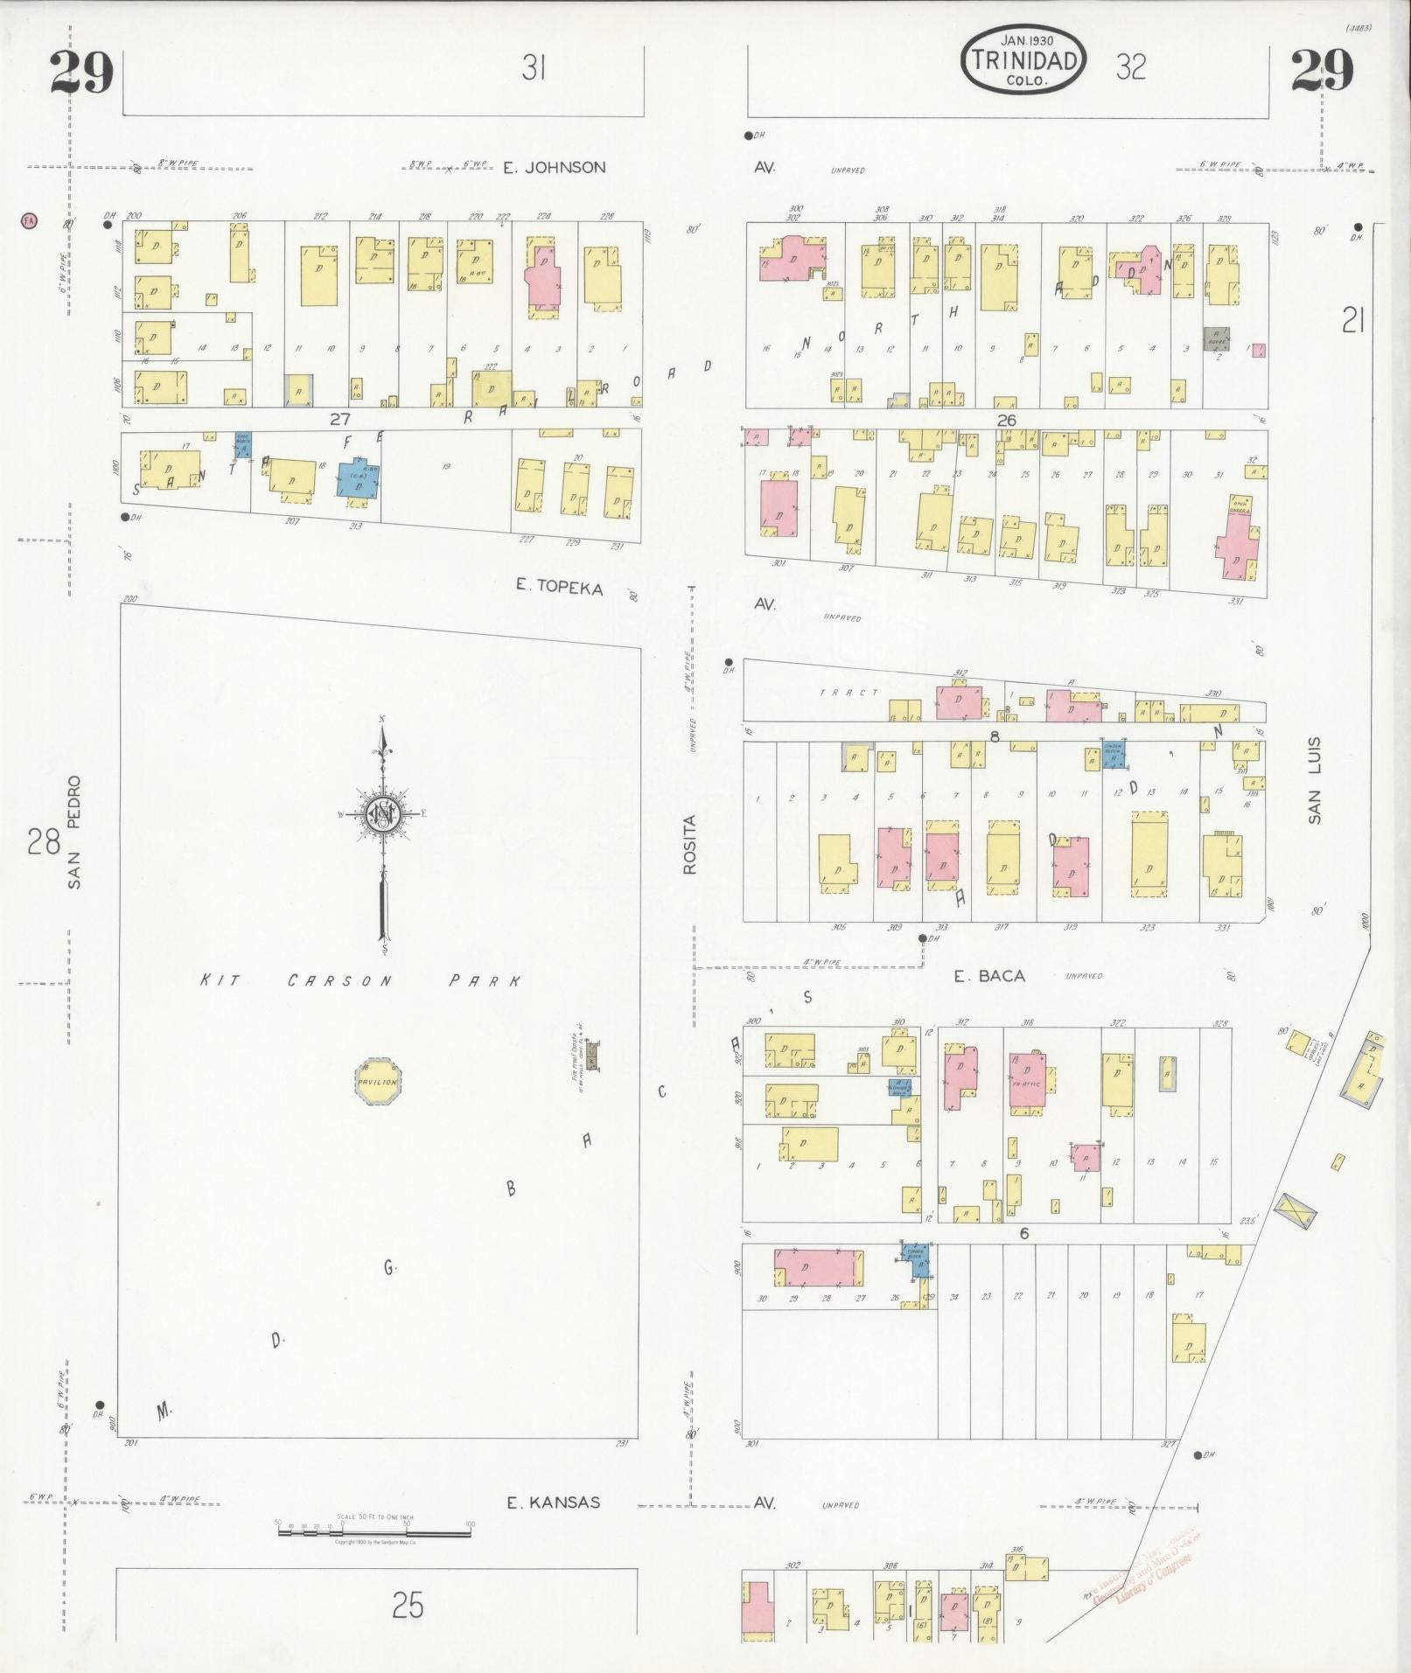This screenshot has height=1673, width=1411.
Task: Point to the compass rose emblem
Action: point(382,816)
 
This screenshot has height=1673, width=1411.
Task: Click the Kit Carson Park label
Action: point(360,980)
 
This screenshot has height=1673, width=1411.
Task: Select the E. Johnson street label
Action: point(554,167)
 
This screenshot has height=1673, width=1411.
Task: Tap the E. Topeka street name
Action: point(559,588)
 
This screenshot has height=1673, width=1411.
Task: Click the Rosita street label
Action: point(689,845)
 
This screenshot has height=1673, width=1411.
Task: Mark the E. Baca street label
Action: point(988,976)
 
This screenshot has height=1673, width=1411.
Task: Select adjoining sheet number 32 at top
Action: point(1130,66)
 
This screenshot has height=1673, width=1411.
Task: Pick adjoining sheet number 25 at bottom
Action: point(408,1606)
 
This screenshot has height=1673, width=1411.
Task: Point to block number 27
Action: point(339,419)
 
